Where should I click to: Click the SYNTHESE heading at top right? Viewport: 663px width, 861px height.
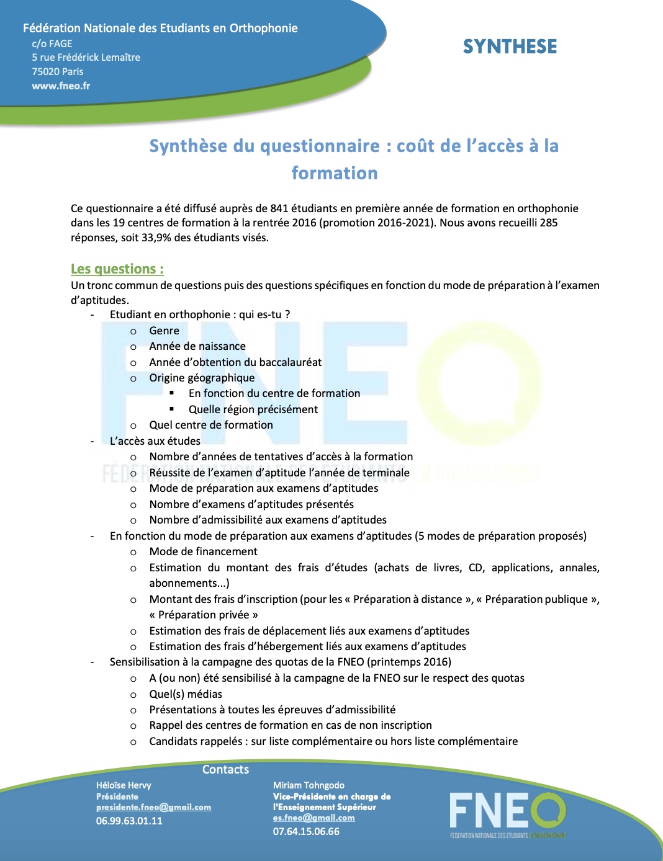pos(510,47)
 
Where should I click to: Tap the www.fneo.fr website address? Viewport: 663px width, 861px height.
pos(61,86)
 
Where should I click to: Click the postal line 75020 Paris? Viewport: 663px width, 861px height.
pos(58,71)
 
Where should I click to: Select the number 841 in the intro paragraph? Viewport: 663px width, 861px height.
pos(279,208)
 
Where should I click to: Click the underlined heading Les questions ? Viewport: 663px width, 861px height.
pos(117,269)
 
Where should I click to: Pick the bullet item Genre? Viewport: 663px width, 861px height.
pos(164,331)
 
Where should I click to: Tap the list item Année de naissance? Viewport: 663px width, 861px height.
pos(197,346)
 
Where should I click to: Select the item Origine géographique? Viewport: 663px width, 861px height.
pos(202,378)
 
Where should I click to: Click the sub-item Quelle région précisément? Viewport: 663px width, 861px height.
pos(253,409)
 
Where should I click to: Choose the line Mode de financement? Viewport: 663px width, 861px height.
pos(203,551)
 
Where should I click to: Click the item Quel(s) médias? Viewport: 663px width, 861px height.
pos(186,694)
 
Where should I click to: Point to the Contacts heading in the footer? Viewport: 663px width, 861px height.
pos(225,769)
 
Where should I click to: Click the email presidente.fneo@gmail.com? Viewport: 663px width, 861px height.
pos(153,807)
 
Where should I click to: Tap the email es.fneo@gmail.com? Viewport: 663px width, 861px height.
pos(313,818)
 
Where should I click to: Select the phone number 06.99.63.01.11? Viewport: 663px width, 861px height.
pos(129,821)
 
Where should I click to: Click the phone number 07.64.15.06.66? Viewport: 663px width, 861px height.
pos(306,831)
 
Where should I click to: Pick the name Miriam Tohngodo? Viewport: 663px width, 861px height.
pos(309,785)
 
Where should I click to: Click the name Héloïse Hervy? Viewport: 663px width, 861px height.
pos(124,785)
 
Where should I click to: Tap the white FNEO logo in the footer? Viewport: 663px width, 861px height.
pos(507,811)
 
